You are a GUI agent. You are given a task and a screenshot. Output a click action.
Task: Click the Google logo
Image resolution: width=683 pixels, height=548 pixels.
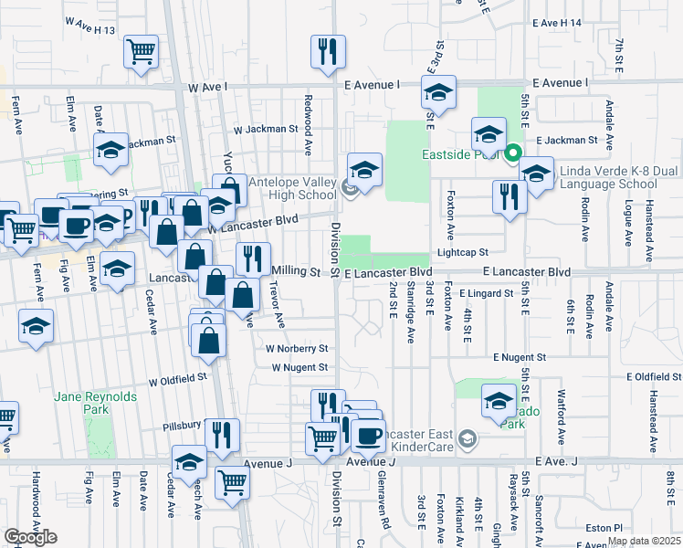click(29, 537)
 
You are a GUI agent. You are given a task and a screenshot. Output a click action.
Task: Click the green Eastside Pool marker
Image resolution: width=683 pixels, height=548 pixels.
click(513, 153)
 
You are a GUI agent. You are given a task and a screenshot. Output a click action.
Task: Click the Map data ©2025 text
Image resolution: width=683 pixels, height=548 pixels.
click(644, 542)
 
